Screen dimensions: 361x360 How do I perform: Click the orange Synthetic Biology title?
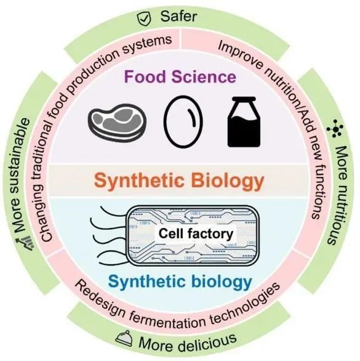(180, 182)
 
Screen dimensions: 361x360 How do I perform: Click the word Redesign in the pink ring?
(101, 290)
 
